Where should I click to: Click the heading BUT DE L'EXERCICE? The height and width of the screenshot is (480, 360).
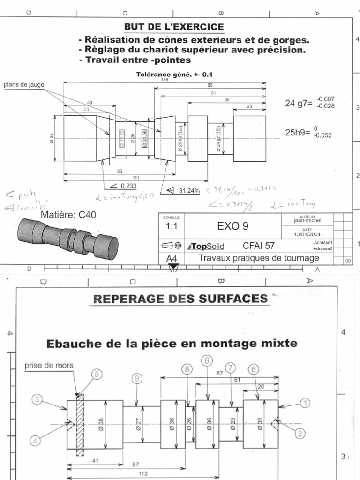pyautogui.click(x=173, y=27)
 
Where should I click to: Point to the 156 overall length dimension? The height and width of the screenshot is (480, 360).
pyautogui.click(x=165, y=80)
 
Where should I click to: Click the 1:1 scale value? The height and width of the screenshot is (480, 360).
pyautogui.click(x=173, y=226)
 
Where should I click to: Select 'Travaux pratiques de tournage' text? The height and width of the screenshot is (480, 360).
pyautogui.click(x=259, y=258)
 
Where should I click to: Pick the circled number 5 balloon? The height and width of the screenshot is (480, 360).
pyautogui.click(x=96, y=374)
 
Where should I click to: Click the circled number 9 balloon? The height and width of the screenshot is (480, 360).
pyautogui.click(x=136, y=378)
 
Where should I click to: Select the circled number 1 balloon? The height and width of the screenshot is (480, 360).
pyautogui.click(x=305, y=403)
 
